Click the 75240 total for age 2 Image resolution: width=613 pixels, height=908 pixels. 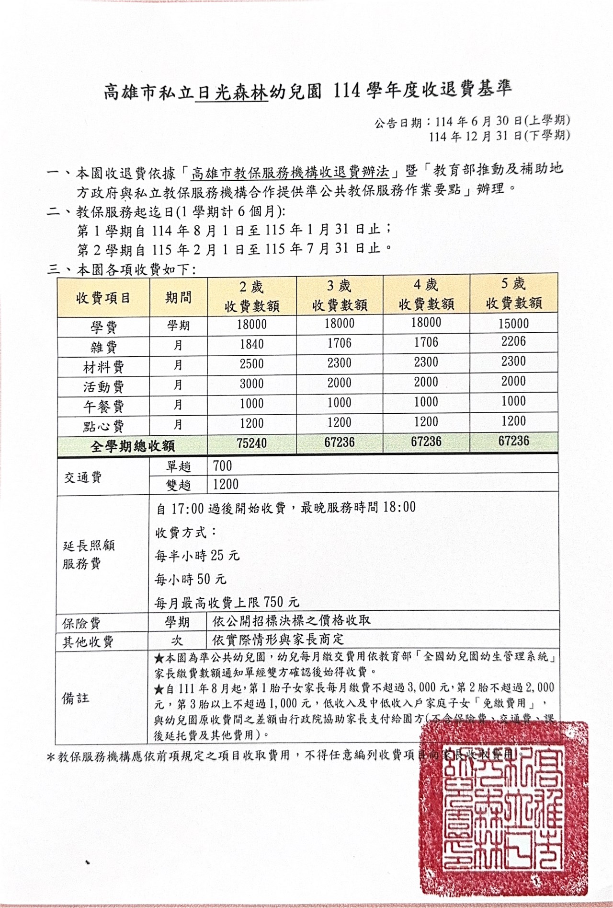click(251, 443)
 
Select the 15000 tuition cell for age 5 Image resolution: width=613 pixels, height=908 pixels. click(513, 324)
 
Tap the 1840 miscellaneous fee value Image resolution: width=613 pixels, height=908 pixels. click(251, 344)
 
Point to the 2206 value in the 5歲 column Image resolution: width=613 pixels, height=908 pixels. click(513, 342)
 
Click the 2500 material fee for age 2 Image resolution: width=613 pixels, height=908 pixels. click(251, 364)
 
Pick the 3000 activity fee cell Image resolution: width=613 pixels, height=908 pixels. click(251, 384)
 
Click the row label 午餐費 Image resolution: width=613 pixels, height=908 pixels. click(103, 407)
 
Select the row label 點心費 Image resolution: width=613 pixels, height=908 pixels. click(103, 426)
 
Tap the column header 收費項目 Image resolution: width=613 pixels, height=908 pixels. click(103, 298)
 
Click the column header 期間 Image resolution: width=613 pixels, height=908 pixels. click(178, 298)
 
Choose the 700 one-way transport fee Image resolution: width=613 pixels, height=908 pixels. click(222, 466)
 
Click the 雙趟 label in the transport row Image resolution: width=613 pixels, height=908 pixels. click(178, 485)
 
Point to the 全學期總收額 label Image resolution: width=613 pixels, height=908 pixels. click(133, 446)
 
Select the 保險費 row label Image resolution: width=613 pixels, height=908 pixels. click(81, 623)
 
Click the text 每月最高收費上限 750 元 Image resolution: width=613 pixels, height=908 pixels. click(227, 602)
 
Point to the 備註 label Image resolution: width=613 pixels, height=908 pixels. click(76, 698)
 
